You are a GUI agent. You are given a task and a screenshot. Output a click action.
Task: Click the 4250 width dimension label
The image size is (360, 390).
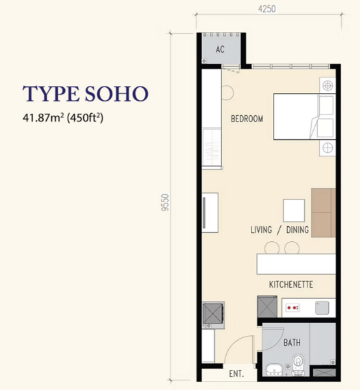267,9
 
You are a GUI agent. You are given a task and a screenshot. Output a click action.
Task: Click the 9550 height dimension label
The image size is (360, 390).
165,202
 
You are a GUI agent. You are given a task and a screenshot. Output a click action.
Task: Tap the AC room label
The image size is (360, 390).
220,49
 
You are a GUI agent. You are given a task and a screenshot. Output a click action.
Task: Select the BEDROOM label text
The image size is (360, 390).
247,119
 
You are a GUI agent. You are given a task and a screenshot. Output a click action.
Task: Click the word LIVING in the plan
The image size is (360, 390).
261,229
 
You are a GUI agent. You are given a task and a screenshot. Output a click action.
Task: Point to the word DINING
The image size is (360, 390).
298,229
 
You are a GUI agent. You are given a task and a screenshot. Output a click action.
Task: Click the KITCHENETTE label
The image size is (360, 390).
291,284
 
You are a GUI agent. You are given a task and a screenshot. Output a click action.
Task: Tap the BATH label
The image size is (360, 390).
292,343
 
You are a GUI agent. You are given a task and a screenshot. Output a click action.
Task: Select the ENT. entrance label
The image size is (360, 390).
236,374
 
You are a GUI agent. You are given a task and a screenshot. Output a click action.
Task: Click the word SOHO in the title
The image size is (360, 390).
116,94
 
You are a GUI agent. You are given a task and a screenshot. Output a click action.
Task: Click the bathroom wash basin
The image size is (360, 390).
274,370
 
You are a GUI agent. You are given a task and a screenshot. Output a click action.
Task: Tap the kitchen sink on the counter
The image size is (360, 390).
322,307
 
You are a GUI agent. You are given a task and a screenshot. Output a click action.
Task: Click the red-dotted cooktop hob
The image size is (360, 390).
292,307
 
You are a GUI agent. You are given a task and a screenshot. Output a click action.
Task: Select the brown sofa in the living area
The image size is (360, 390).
323,213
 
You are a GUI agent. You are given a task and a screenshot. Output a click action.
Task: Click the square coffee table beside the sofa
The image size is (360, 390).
294,211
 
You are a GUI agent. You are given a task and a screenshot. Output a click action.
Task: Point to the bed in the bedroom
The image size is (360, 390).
305,116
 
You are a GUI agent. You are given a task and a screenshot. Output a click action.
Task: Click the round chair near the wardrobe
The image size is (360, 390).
227,92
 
